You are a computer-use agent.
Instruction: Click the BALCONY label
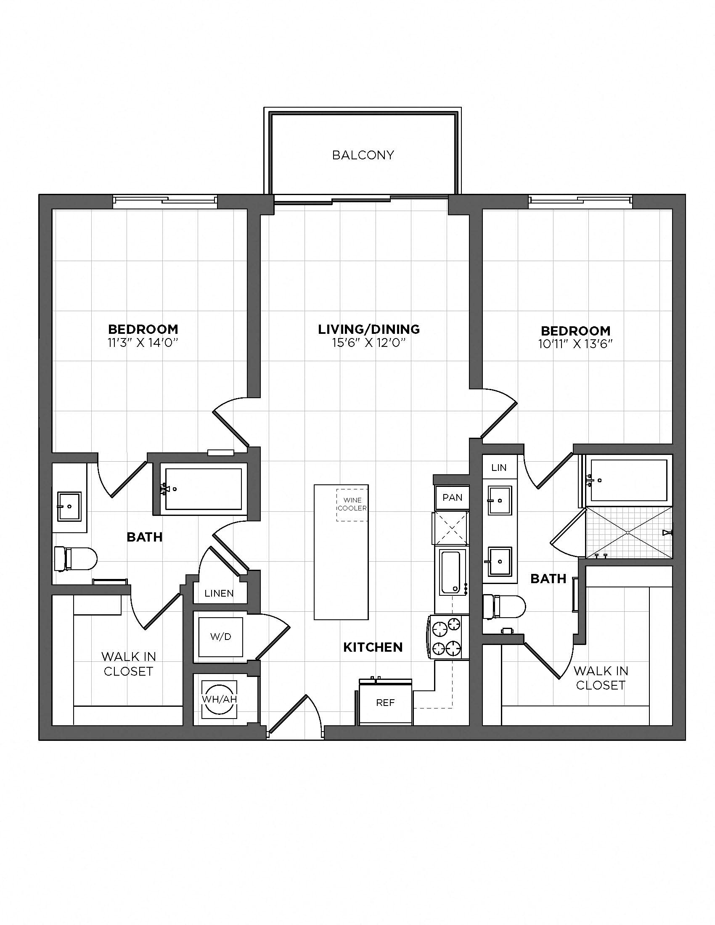pyautogui.click(x=363, y=155)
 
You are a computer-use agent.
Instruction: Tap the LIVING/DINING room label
pyautogui.click(x=369, y=329)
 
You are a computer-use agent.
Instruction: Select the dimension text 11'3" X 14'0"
pyautogui.click(x=142, y=342)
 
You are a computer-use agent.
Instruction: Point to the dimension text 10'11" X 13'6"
pyautogui.click(x=576, y=344)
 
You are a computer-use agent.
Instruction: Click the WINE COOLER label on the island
pyautogui.click(x=352, y=505)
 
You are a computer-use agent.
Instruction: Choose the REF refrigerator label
pyautogui.click(x=385, y=703)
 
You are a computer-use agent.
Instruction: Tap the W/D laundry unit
pyautogui.click(x=221, y=637)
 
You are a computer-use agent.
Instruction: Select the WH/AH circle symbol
pyautogui.click(x=219, y=699)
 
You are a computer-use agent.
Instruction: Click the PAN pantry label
pyautogui.click(x=453, y=497)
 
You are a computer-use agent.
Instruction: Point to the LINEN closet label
pyautogui.click(x=219, y=593)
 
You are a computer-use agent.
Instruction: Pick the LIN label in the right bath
pyautogui.click(x=499, y=468)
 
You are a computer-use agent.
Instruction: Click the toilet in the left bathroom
pyautogui.click(x=76, y=559)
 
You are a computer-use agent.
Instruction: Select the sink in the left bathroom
pyautogui.click(x=69, y=506)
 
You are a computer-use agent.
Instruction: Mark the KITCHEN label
pyautogui.click(x=373, y=647)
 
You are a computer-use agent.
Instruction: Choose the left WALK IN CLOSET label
pyautogui.click(x=128, y=663)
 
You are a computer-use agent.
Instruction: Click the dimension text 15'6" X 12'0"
pyautogui.click(x=369, y=342)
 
